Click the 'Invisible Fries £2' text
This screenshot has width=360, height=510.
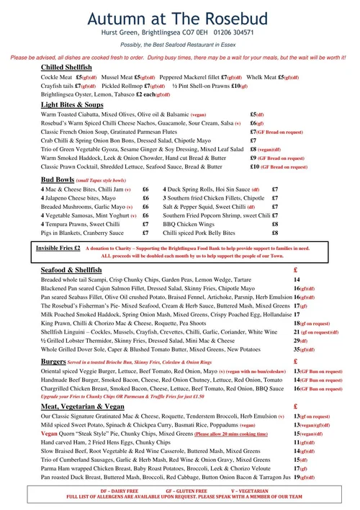tap(58, 247)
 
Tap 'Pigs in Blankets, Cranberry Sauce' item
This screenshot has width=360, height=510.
tap(83, 233)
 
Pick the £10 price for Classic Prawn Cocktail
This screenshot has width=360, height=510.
tap(254, 166)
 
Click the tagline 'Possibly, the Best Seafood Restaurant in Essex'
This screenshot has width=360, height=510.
tap(180, 45)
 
